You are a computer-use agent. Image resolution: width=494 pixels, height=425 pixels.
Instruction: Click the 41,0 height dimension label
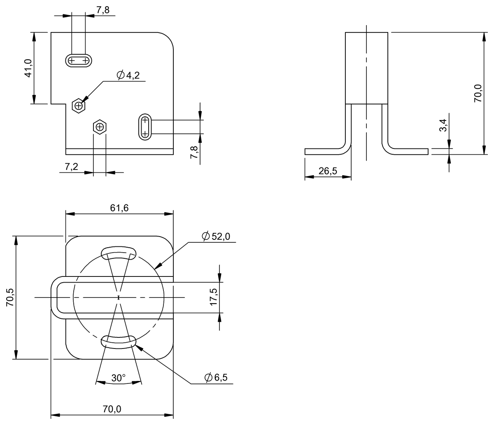click(28, 68)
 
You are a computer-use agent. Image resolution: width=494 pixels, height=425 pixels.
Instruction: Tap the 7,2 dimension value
click(72, 167)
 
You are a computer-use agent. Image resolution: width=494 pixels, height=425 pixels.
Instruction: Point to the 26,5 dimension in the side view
click(328, 171)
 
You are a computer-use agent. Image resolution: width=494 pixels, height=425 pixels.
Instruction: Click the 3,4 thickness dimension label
click(443, 125)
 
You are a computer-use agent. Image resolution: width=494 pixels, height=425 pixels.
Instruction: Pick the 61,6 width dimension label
click(119, 208)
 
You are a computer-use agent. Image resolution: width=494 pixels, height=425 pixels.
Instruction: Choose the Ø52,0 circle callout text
click(216, 236)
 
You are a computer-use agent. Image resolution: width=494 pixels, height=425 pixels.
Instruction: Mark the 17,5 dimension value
click(214, 297)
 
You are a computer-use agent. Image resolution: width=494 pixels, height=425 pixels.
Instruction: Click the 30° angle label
click(118, 378)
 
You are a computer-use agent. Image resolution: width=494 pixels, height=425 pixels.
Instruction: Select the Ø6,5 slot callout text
click(216, 378)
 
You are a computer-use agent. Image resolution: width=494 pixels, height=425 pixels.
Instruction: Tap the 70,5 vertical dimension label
click(10, 297)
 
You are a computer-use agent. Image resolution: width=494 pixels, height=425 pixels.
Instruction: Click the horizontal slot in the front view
click(79, 61)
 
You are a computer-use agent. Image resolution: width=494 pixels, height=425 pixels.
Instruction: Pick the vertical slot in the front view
click(144, 127)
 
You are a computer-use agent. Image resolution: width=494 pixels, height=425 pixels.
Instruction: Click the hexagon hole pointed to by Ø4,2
click(78, 106)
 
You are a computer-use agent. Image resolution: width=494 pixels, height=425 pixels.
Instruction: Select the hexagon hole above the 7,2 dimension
click(99, 127)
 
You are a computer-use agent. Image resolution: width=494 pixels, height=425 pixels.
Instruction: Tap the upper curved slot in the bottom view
click(119, 252)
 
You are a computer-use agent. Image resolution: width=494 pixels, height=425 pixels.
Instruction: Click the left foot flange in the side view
click(325, 151)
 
